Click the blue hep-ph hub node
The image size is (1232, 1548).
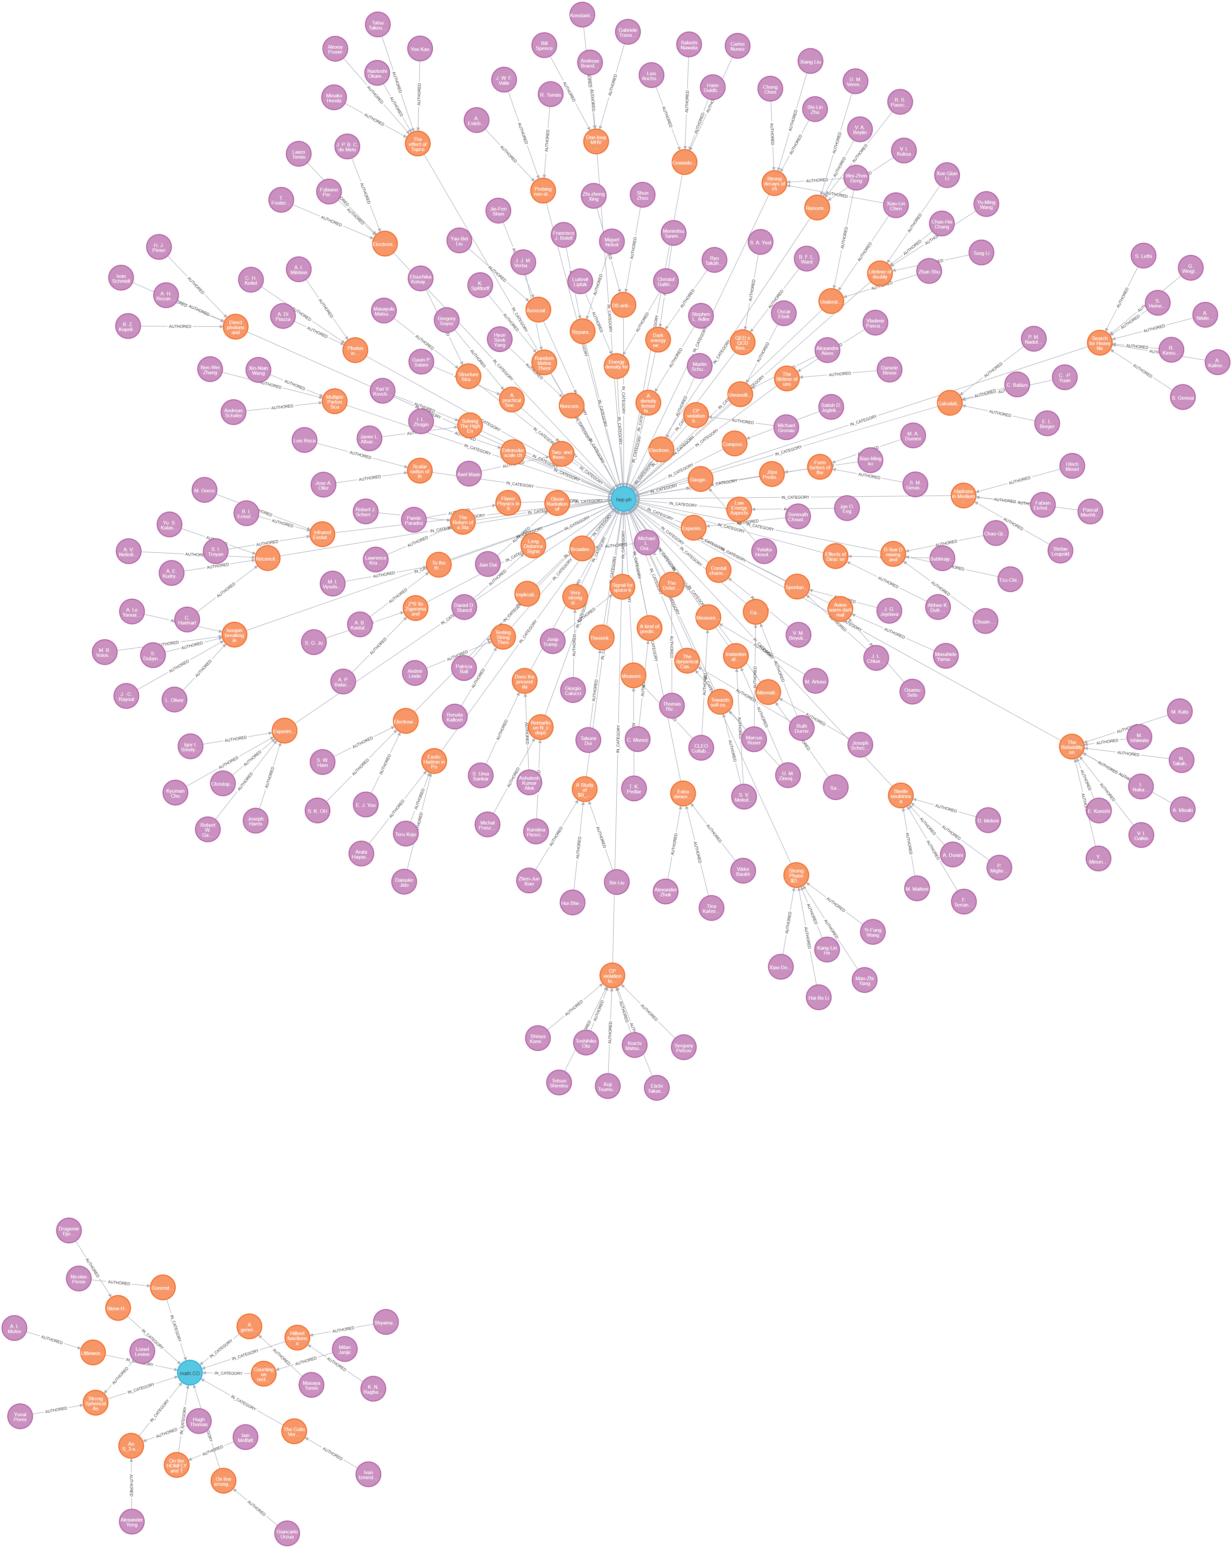(623, 499)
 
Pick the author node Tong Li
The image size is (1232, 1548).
(981, 253)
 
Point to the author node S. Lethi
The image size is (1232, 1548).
(1143, 256)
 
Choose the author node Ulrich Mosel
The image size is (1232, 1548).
(1072, 466)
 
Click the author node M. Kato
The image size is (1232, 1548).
(1180, 712)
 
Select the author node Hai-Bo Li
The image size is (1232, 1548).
(819, 997)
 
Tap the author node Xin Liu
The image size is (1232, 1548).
(616, 882)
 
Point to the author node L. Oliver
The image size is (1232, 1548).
(174, 700)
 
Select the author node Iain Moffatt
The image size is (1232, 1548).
(246, 1437)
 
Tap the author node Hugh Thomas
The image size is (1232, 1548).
(199, 1421)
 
